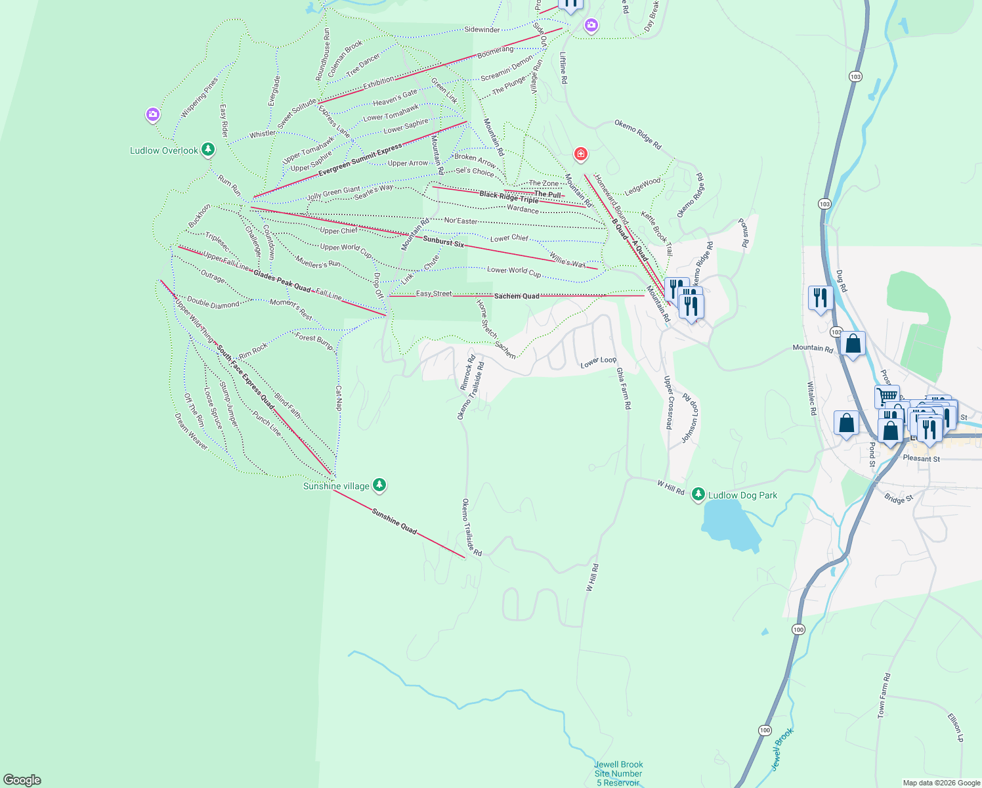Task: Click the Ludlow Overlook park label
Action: pos(164,150)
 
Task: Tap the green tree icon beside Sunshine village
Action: pos(379,485)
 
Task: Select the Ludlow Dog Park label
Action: pos(742,495)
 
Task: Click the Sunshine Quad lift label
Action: pos(394,521)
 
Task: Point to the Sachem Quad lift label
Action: pos(517,296)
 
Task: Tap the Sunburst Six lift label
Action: pos(443,242)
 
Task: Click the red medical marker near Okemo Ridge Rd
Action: pos(580,154)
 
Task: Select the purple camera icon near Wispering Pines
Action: pos(152,116)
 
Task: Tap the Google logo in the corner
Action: pos(22,780)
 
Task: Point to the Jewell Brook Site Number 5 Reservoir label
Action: pos(618,774)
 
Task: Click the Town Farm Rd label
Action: pos(884,695)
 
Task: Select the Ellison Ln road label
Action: pos(956,728)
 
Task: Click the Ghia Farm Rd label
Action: pos(623,388)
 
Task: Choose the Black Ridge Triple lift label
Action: pos(509,196)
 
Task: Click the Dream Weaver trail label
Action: pos(190,431)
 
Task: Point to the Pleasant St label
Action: pos(921,458)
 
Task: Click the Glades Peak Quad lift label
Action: pos(282,281)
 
